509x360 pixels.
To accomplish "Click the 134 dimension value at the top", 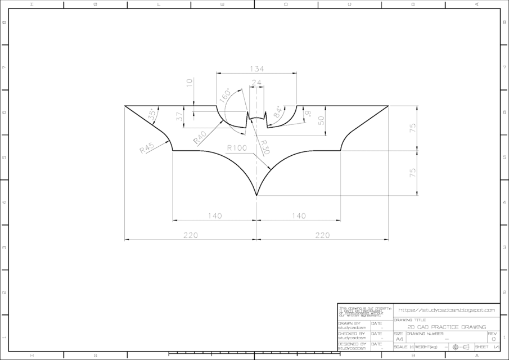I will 256,69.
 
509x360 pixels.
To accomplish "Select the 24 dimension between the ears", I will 256,83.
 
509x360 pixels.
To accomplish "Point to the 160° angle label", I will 226,95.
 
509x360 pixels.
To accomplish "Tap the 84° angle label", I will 277,112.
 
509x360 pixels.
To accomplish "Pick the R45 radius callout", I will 147,148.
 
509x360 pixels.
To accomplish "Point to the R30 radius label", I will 265,147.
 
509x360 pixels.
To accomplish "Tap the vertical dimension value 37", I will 180,117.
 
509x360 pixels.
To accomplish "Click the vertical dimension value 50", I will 321,120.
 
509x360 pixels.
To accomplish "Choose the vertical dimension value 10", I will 190,82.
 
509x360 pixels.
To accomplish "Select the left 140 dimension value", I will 214,215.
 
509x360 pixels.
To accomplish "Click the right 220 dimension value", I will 322,236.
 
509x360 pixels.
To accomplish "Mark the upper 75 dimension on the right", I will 413,128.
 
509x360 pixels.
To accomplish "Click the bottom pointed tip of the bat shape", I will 257,196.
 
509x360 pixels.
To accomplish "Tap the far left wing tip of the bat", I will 125,106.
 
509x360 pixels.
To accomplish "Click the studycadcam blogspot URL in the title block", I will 446,310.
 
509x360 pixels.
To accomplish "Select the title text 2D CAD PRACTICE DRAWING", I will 447,327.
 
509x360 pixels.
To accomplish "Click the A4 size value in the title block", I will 399,339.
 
